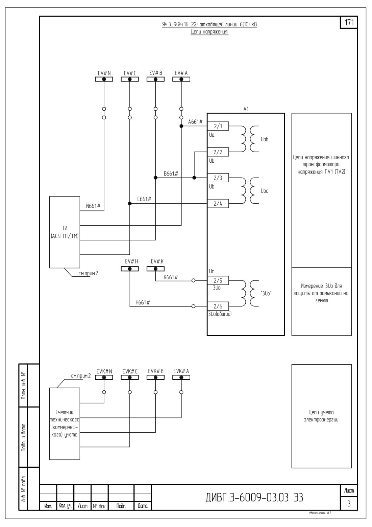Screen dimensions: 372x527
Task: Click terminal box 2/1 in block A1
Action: pyautogui.click(x=218, y=126)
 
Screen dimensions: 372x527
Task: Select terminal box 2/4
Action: pyautogui.click(x=218, y=204)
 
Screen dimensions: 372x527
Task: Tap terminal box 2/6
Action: pyautogui.click(x=218, y=306)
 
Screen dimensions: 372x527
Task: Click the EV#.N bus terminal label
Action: pyautogui.click(x=104, y=73)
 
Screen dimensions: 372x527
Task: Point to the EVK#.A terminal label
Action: pyautogui.click(x=181, y=371)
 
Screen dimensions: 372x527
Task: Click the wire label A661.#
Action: pyautogui.click(x=195, y=122)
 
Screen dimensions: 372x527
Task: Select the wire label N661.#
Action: pyautogui.click(x=93, y=206)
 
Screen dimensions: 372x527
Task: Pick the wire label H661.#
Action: pyautogui.click(x=143, y=302)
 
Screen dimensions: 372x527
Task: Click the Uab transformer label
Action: pyautogui.click(x=264, y=139)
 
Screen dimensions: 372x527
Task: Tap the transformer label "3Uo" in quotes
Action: pyautogui.click(x=266, y=294)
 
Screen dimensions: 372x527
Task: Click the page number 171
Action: pyautogui.click(x=349, y=23)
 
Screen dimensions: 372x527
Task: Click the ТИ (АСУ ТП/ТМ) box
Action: pyautogui.click(x=65, y=232)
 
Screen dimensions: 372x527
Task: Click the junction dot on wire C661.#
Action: pyautogui.click(x=130, y=204)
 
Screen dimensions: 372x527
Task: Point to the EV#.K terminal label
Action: pyautogui.click(x=157, y=261)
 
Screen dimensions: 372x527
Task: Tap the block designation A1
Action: pyautogui.click(x=246, y=109)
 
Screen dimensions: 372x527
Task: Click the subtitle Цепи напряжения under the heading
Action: pyautogui.click(x=209, y=31)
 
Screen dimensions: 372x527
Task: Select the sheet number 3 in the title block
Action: pyautogui.click(x=349, y=503)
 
